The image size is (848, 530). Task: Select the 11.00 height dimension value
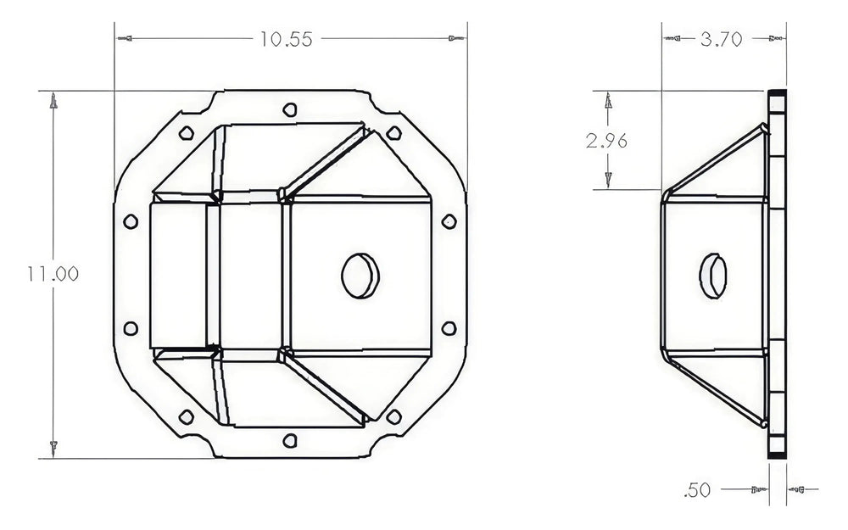[x=53, y=274]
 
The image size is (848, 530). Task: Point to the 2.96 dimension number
[x=606, y=142]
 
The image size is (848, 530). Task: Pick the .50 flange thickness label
[x=697, y=489]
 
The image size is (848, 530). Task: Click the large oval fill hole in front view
[x=357, y=274]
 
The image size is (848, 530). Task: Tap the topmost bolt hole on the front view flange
[x=290, y=109]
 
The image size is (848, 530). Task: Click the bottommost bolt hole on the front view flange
[x=290, y=439]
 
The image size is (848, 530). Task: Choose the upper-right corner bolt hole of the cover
[x=395, y=132]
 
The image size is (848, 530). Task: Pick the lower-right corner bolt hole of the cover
[x=395, y=416]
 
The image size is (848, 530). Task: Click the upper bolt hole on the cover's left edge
[x=130, y=221]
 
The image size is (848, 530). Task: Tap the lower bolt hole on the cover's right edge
[x=449, y=327]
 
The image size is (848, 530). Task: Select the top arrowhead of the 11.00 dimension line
[x=53, y=101]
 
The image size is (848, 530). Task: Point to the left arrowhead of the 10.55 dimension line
[x=126, y=39]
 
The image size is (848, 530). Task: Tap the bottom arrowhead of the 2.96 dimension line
[x=607, y=179]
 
